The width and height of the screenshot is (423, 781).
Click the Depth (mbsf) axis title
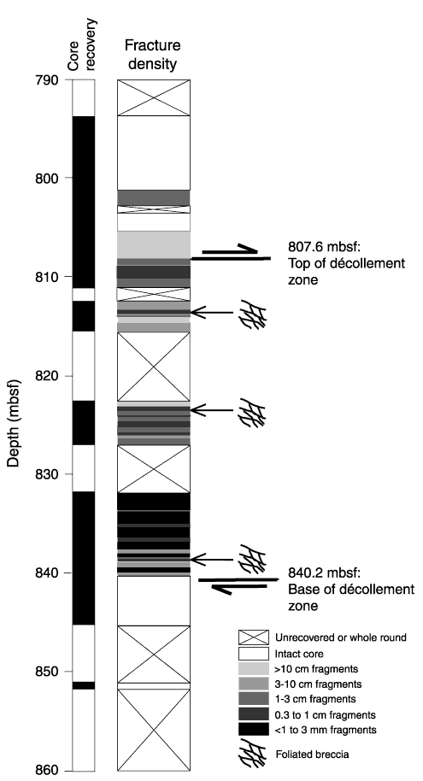(14, 422)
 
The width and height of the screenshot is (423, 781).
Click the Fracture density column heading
(152, 55)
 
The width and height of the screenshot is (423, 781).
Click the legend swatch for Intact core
(253, 653)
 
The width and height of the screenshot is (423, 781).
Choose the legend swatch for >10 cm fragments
(253, 668)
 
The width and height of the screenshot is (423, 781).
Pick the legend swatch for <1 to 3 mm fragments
(253, 730)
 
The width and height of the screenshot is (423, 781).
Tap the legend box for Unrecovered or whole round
(253, 637)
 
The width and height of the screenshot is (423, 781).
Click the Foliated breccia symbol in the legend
(253, 755)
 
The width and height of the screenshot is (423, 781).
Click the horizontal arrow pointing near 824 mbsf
(212, 410)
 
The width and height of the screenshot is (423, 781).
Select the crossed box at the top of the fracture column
(154, 97)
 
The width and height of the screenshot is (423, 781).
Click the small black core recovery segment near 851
(84, 685)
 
